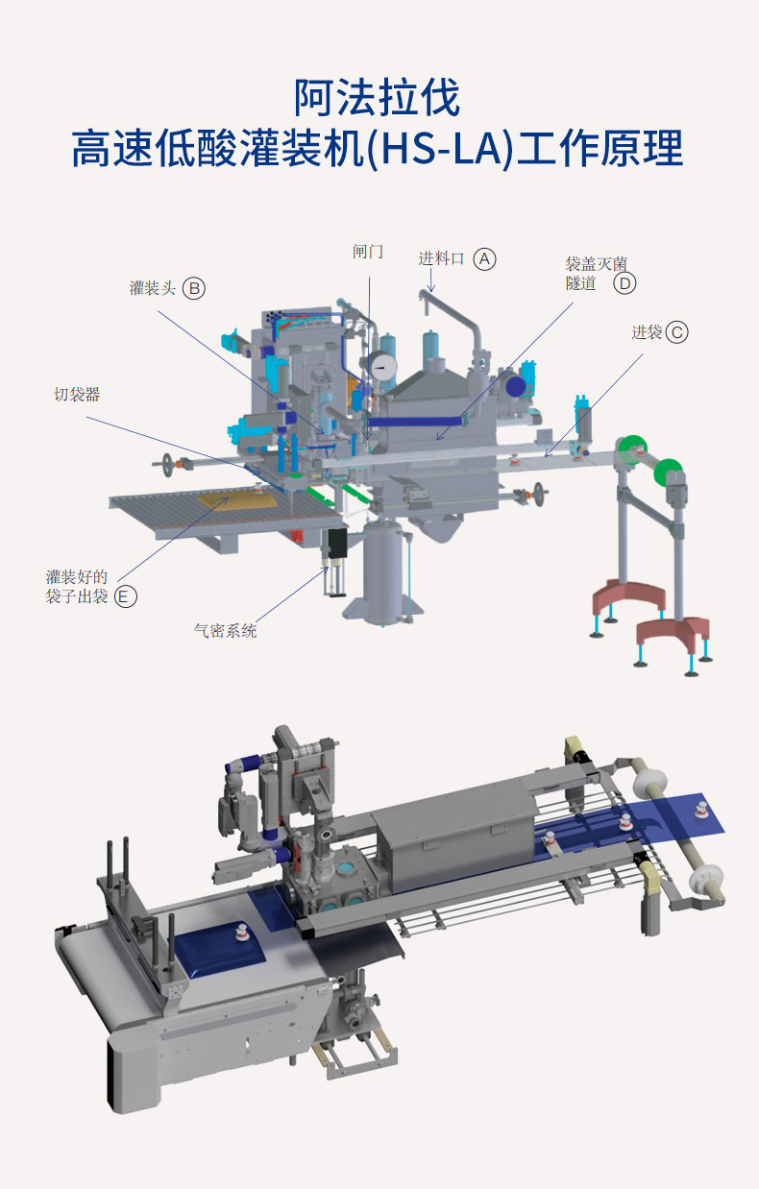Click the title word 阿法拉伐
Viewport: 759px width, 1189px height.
[378, 98]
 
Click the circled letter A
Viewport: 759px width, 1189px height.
[484, 259]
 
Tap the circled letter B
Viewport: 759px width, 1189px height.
[194, 289]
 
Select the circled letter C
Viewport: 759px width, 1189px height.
[676, 332]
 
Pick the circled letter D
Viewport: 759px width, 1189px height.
[624, 283]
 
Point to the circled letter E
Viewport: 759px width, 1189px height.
[125, 596]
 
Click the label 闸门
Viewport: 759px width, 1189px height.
[368, 252]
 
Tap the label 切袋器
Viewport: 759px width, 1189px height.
[77, 395]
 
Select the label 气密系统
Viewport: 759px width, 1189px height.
[225, 631]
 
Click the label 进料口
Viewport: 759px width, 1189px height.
[441, 258]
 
